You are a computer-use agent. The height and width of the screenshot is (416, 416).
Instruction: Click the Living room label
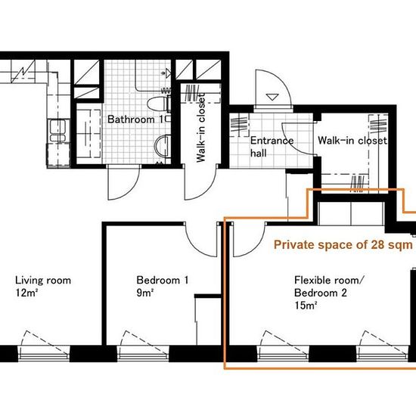43,280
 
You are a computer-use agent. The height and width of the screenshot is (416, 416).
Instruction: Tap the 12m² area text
26,293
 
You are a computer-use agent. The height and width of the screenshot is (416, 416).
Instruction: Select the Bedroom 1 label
163,280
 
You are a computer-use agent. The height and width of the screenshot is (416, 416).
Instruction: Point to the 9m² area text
145,293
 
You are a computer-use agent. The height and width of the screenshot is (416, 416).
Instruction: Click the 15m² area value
306,306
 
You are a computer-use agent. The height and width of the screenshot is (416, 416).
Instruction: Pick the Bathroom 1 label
135,120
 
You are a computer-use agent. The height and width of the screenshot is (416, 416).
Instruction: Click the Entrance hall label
272,147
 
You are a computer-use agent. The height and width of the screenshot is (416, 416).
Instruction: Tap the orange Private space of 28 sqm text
343,244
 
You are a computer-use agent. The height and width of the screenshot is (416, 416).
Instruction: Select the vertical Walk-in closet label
201,127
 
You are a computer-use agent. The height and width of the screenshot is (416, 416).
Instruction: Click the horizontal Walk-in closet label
352,140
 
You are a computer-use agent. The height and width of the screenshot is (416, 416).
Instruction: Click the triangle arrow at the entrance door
272,97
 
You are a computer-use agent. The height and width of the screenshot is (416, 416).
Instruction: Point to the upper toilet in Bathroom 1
158,104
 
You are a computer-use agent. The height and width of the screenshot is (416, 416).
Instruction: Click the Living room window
44,353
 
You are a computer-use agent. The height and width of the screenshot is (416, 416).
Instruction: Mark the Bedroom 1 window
143,353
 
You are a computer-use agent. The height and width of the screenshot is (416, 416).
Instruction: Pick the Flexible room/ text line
328,280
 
